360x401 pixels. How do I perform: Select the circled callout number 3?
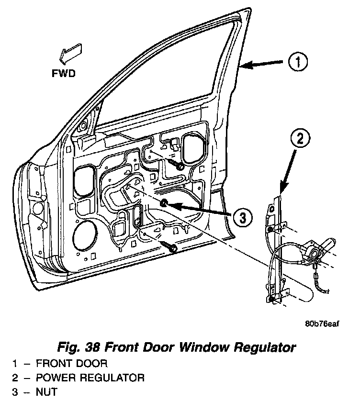coord(243,218)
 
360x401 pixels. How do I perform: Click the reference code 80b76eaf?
coord(322,323)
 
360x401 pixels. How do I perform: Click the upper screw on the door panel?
coord(179,167)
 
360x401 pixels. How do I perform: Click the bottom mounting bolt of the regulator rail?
coord(271,299)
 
